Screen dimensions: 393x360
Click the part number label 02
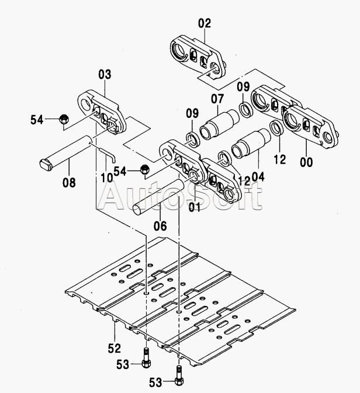click(204, 25)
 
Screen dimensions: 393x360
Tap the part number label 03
click(105, 75)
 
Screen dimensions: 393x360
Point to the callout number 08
click(69, 182)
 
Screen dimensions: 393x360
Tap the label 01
click(195, 207)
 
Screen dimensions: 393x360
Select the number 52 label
click(114, 348)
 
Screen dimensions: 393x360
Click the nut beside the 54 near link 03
click(64, 120)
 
